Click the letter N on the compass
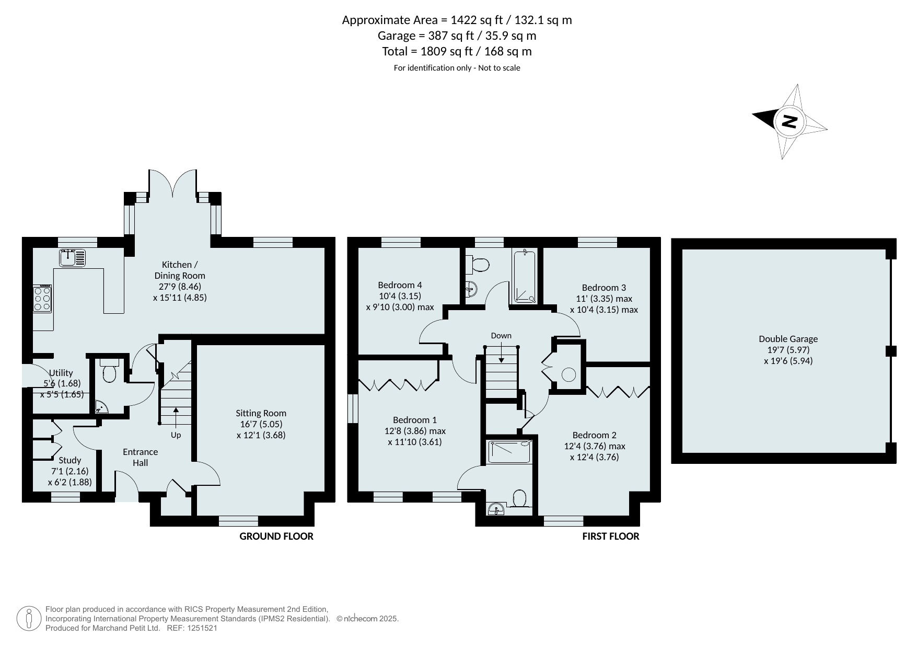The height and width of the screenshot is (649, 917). click(x=789, y=121)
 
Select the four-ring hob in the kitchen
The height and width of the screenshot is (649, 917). click(x=42, y=299)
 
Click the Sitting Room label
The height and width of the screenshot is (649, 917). click(x=261, y=413)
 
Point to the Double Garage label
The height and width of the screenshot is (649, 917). click(x=788, y=339)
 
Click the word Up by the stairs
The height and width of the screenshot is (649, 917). click(x=176, y=435)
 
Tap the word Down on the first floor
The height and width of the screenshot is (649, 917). click(x=501, y=336)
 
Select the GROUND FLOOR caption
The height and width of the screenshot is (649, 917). click(x=276, y=536)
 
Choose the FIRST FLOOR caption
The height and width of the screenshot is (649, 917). click(x=611, y=536)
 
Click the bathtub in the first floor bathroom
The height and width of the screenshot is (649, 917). click(x=524, y=277)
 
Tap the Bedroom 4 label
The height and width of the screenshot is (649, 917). click(x=400, y=285)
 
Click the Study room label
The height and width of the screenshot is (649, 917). click(x=70, y=460)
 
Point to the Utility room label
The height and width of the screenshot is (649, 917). click(x=61, y=373)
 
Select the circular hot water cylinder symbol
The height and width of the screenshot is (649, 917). click(x=568, y=374)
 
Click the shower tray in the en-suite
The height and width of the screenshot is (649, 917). click(x=509, y=452)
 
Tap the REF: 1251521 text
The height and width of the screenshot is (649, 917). click(x=192, y=628)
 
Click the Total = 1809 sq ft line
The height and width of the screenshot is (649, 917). click(x=457, y=51)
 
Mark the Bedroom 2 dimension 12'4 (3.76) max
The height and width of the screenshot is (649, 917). click(x=595, y=446)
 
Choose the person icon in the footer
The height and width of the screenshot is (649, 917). click(x=29, y=619)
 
